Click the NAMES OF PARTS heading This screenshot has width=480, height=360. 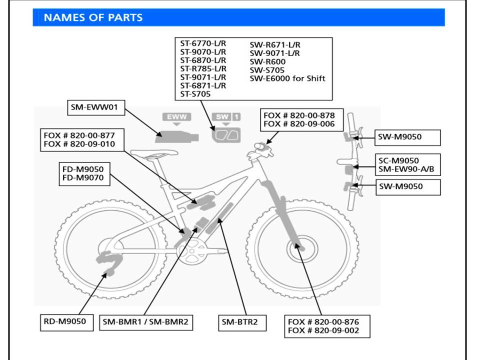pos(93,17)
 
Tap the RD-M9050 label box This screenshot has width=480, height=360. pos(66,321)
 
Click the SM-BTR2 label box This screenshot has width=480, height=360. pos(239,322)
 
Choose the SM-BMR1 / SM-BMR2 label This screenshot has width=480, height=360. pos(145,322)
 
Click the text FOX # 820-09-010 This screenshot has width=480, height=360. pos(79,144)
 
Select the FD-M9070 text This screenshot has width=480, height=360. pos(83,177)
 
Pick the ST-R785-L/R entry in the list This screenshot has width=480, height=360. pos(203,68)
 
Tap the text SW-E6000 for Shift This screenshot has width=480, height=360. pos(287,78)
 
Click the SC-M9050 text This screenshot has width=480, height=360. pos(398,160)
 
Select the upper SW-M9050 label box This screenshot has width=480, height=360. pos(407,136)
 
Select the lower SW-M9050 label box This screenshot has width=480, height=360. pos(407,186)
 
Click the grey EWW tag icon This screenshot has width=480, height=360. pos(177,117)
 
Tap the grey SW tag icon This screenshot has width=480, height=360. pos(221,117)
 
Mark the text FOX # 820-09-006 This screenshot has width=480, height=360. pos(299,124)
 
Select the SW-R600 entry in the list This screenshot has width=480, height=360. pos(267,61)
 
